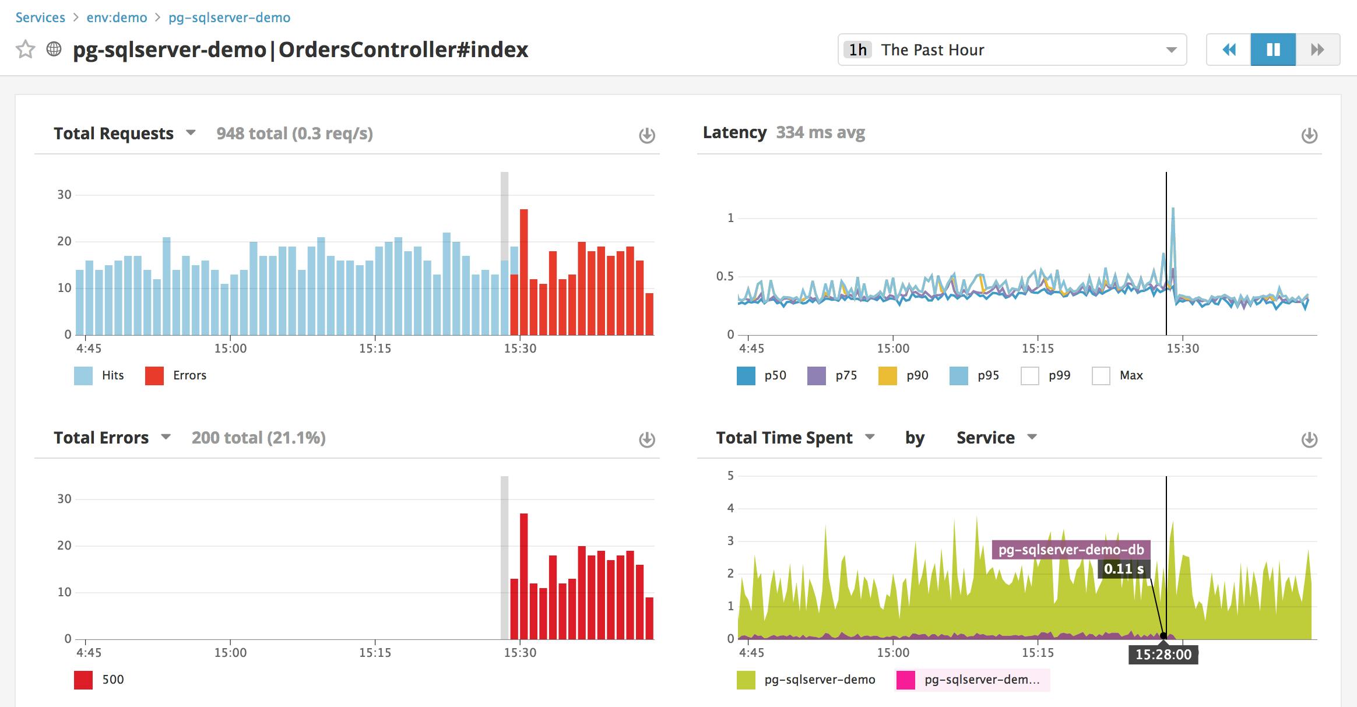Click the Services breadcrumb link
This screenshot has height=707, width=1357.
(x=40, y=17)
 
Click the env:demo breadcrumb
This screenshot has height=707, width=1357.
(x=117, y=17)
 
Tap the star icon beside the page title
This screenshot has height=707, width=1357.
(x=25, y=50)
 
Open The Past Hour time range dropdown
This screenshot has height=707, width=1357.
(x=1012, y=50)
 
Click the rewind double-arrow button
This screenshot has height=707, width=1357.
(x=1229, y=50)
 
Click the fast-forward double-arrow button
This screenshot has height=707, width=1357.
(x=1317, y=50)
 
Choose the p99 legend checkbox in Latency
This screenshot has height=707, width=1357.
(x=1030, y=376)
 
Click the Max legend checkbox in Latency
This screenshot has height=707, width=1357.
(x=1101, y=376)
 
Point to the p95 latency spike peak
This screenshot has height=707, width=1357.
(x=1173, y=209)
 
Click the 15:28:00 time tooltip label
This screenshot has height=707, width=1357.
(x=1163, y=655)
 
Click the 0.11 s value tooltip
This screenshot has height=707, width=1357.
(x=1123, y=569)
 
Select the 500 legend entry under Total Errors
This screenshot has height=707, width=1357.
(x=99, y=680)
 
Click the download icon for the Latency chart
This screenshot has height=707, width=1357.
(x=1309, y=135)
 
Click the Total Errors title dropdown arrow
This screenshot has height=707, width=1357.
(x=166, y=437)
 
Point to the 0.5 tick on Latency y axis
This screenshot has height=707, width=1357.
(x=725, y=276)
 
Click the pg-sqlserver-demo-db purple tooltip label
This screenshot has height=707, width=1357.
(x=1071, y=550)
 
